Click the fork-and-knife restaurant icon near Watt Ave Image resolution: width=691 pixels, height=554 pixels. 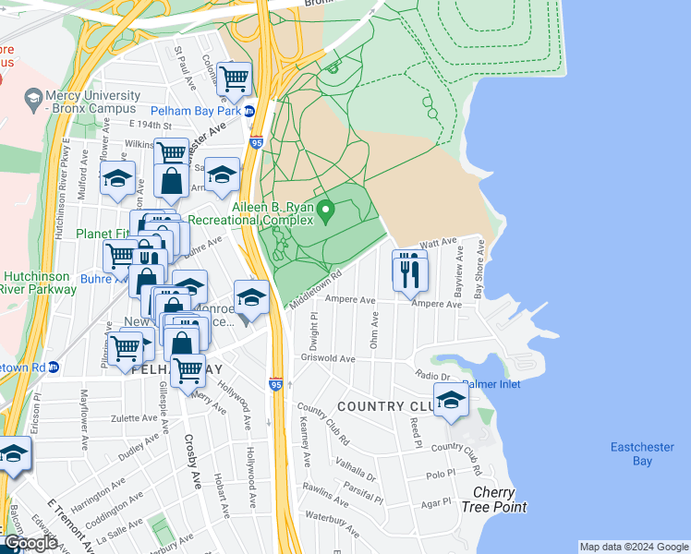click(x=409, y=271)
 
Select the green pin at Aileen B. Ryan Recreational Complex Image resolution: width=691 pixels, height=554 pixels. click(x=324, y=213)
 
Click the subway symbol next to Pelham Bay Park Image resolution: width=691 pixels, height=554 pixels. click(x=249, y=111)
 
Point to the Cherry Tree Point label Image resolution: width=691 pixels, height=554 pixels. click(x=500, y=500)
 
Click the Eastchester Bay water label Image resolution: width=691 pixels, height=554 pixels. click(x=642, y=453)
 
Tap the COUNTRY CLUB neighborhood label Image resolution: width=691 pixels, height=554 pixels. click(x=383, y=406)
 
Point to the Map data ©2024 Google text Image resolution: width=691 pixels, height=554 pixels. click(x=633, y=547)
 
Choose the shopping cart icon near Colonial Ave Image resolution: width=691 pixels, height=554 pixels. click(x=235, y=80)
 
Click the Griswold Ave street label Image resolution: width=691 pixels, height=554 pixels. click(x=328, y=359)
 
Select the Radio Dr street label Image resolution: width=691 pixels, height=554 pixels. click(x=431, y=376)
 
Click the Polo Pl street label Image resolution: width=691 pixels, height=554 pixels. click(x=441, y=473)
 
